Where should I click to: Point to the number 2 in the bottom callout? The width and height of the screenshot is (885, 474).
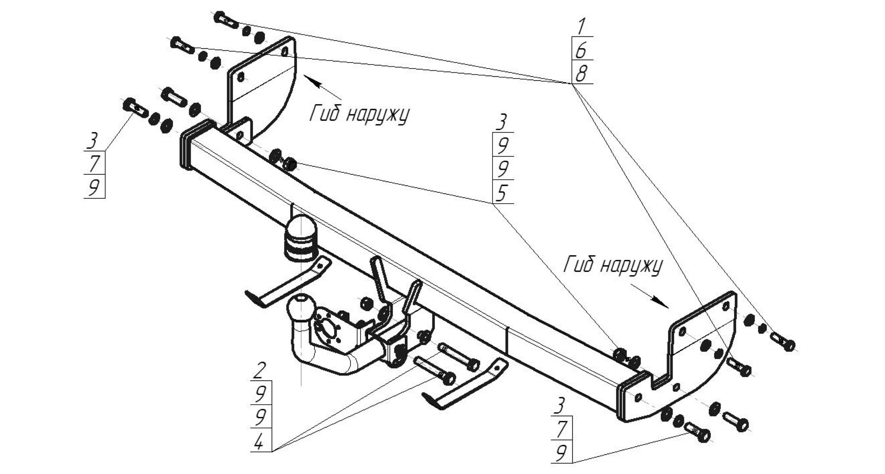(x=261, y=371)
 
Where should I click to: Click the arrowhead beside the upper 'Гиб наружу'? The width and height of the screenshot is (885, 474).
(x=309, y=81)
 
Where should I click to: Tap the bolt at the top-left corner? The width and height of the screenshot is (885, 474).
(x=226, y=21)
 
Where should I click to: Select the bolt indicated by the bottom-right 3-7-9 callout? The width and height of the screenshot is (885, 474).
(x=698, y=433)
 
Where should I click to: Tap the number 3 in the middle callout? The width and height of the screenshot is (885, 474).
(x=502, y=123)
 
